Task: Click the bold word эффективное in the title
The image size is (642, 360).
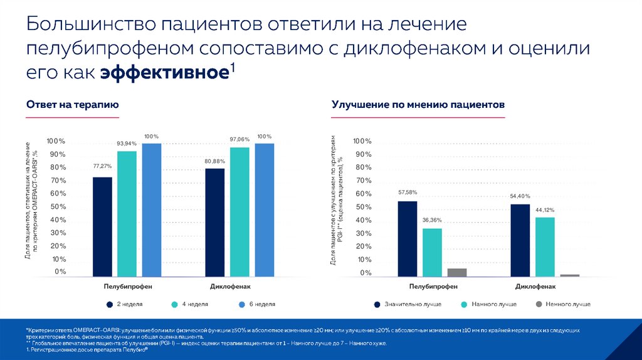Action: click(163, 72)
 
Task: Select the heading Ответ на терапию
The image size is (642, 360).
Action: click(72, 105)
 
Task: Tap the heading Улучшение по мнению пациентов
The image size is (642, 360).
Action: click(418, 105)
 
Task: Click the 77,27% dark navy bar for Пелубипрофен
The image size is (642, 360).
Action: click(102, 226)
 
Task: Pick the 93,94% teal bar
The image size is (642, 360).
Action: click(127, 213)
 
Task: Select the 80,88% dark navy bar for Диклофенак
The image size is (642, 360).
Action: click(215, 222)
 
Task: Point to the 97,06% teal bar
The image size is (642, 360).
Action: click(239, 211)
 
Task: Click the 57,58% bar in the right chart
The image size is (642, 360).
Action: click(407, 238)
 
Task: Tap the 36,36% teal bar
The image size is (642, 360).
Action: click(432, 252)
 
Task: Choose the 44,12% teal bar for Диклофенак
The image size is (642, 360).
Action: click(545, 246)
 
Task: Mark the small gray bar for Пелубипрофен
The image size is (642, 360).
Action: click(457, 272)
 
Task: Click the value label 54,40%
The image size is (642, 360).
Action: click(520, 196)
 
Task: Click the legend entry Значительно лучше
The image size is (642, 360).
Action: click(413, 304)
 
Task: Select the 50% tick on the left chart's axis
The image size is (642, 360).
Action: click(58, 206)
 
